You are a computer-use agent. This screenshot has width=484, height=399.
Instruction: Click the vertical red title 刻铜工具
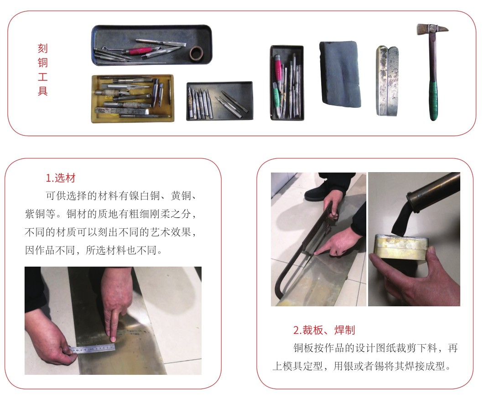tap(42, 70)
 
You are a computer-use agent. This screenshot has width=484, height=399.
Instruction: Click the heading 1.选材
tap(61, 178)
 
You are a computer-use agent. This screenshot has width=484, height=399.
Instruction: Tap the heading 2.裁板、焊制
tap(324, 330)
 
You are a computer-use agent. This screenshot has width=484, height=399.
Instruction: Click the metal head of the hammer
tap(432, 30)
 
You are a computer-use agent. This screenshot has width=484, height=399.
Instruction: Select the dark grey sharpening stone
tap(340, 74)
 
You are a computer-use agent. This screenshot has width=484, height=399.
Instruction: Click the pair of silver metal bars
tap(387, 81)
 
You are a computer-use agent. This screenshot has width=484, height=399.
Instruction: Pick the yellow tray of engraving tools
tap(132, 99)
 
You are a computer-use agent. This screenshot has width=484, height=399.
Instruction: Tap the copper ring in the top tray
tap(196, 53)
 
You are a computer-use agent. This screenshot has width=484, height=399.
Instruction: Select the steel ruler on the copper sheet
tap(93, 349)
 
